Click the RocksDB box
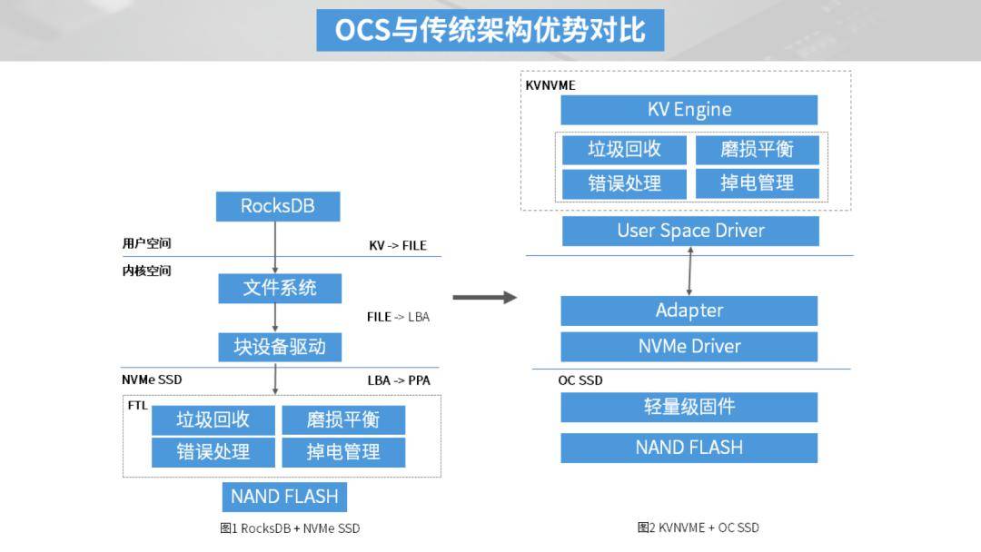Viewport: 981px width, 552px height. coord(278,206)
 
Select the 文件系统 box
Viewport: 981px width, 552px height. coord(280,288)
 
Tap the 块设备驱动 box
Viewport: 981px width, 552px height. coord(280,347)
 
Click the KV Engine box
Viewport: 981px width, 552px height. coord(689,110)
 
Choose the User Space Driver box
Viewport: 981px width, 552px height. coord(690,231)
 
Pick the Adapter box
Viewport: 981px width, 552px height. coord(689,310)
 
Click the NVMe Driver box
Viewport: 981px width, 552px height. coord(689,346)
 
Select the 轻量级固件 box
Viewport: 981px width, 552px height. coord(689,407)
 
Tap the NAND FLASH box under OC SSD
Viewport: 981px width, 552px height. coord(689,448)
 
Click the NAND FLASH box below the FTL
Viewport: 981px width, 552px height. coord(284,497)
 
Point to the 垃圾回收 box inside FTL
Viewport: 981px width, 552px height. coord(213,419)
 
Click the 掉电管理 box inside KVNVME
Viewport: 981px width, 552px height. coord(757,183)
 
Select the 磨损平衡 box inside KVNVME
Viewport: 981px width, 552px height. coord(757,150)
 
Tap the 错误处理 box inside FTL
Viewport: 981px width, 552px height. coord(213,452)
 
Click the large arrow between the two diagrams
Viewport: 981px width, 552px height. coord(484,298)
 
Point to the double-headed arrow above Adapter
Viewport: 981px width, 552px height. coord(689,271)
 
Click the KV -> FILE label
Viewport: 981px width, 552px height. coord(398,246)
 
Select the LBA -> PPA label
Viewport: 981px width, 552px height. coord(399,380)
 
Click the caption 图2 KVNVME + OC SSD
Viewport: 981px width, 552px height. coord(699,527)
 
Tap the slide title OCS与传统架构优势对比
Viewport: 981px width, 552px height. coord(490,30)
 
